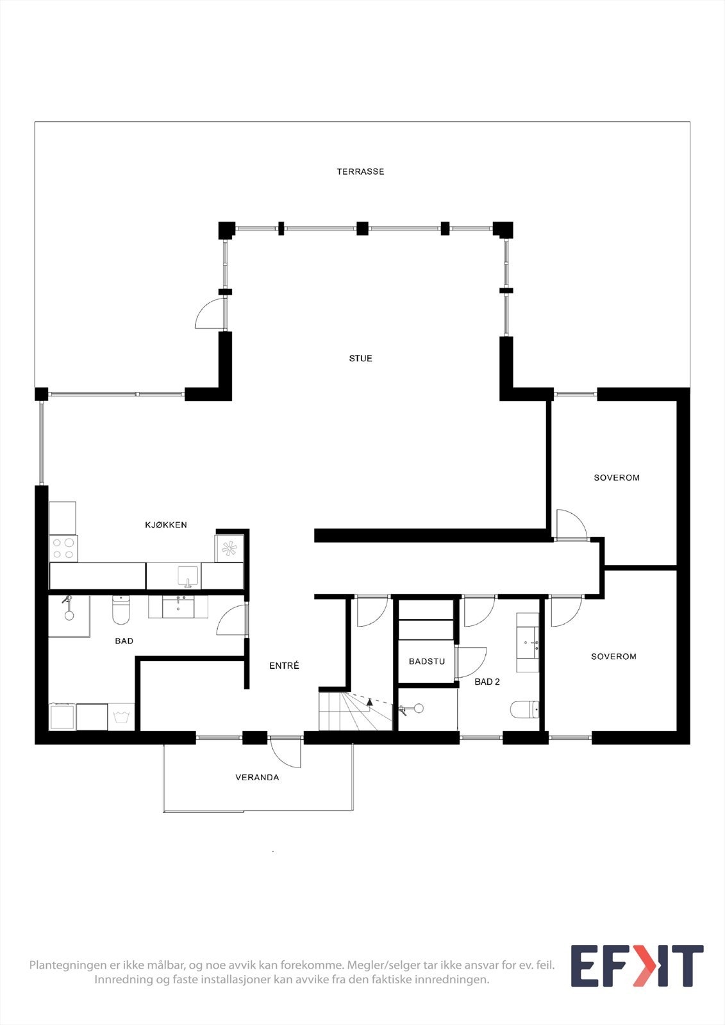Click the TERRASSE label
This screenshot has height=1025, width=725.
coord(360,172)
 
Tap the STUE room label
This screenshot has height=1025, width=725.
coord(360,358)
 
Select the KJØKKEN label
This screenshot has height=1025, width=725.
coord(166,525)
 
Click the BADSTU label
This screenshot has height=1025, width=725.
coord(427,661)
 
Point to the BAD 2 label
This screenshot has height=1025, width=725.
coord(487,682)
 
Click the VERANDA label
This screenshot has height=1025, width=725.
coord(257,777)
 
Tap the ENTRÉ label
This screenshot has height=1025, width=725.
coord(284,666)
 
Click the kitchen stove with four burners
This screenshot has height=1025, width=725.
coord(63,548)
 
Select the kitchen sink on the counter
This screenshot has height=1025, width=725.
coord(188,576)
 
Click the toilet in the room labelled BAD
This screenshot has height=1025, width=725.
coord(121,611)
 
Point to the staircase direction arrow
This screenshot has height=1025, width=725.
coord(369,702)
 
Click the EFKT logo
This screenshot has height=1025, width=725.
coord(637,965)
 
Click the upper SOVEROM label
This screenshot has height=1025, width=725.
coord(616,477)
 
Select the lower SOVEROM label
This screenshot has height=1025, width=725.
coord(613,656)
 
